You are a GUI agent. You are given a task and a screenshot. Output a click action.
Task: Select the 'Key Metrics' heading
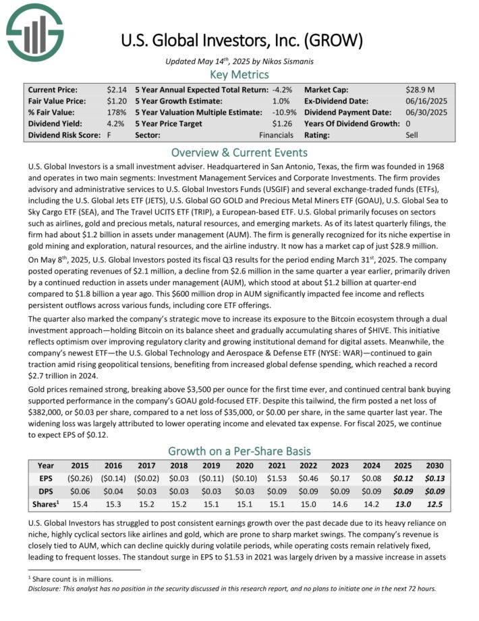[x=239, y=74]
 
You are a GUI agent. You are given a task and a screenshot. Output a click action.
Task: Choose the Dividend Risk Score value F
[x=109, y=135]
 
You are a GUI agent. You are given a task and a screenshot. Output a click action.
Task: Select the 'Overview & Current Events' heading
[x=239, y=152]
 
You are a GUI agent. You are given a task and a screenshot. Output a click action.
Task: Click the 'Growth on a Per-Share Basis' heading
[x=239, y=451]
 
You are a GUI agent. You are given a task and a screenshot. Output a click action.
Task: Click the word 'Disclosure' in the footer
[x=47, y=588]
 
